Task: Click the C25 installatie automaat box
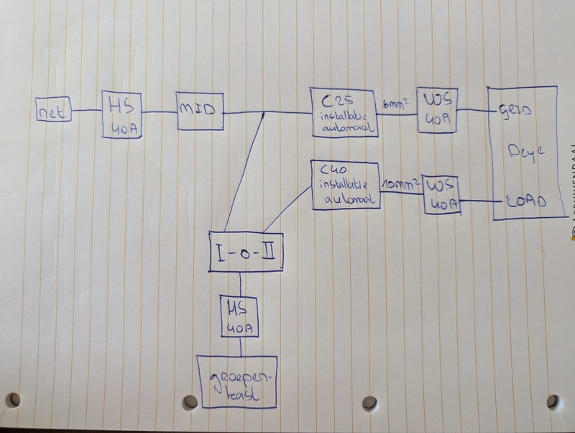(x=344, y=111)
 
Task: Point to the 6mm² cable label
(x=397, y=105)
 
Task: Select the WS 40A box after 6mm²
(x=438, y=111)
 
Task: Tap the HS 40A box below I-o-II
(x=239, y=317)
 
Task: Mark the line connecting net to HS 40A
(x=87, y=111)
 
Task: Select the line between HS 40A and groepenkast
(x=239, y=347)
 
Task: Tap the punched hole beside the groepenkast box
(x=190, y=401)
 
